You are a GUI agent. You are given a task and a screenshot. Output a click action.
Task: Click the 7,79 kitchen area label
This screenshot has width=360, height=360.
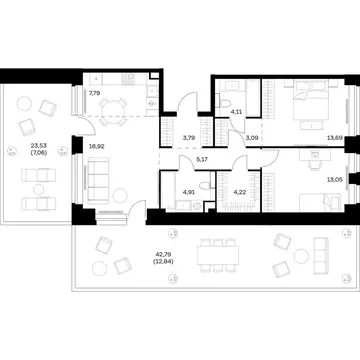pos(94,94)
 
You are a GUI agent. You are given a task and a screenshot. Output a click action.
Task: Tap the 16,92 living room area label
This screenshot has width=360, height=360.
pos(95,146)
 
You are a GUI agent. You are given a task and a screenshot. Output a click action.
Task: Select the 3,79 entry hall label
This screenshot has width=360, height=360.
pos(188,136)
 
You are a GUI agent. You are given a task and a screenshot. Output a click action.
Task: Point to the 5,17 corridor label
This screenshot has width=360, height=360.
pos(202,160)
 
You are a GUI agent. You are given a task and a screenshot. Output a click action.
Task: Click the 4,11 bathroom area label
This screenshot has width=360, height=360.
pos(236,112)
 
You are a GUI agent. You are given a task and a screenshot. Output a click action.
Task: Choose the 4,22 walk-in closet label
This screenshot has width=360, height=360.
pos(238,192)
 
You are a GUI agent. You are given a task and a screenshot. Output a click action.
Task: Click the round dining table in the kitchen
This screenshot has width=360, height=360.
pos(112,110)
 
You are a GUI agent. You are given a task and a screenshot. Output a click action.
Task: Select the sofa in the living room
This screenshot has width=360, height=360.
pos(97,180)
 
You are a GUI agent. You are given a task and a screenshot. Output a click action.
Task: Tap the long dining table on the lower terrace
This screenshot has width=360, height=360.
pos(218,255)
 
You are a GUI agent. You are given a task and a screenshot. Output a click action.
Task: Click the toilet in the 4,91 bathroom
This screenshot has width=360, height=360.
pos(205,184)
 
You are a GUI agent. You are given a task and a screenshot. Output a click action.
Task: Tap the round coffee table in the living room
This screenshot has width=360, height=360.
pos(120,195)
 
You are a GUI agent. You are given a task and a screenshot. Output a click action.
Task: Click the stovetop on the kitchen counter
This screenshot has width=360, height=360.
pos(128,79)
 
